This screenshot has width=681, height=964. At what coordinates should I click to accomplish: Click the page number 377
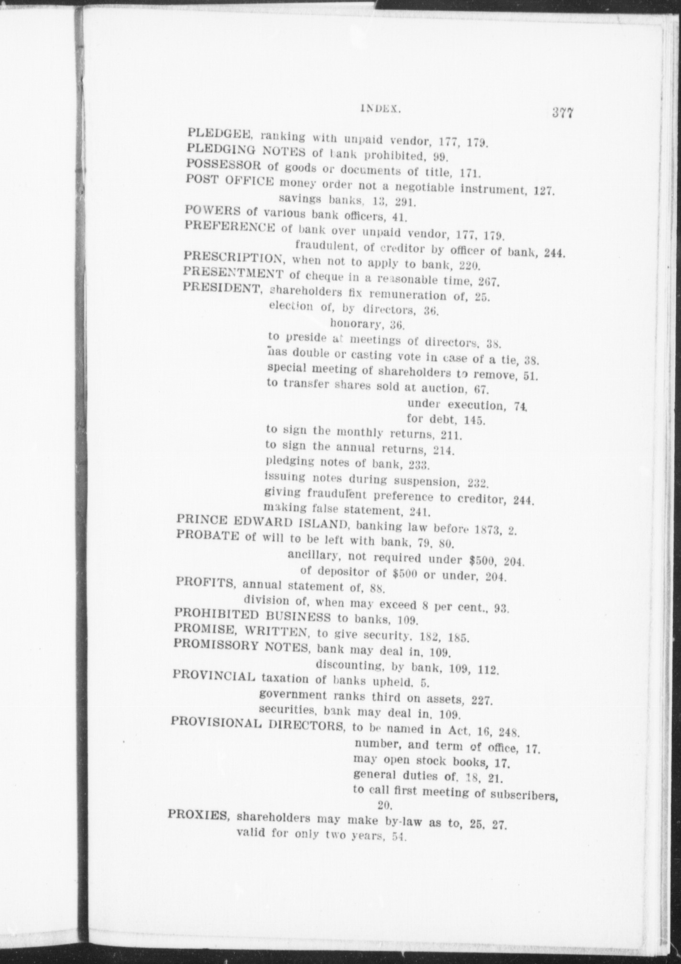563,114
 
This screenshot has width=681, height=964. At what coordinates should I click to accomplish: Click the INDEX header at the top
380,109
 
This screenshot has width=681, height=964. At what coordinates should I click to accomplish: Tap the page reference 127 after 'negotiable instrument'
543,191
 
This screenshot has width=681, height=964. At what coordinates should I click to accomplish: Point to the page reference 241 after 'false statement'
420,511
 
